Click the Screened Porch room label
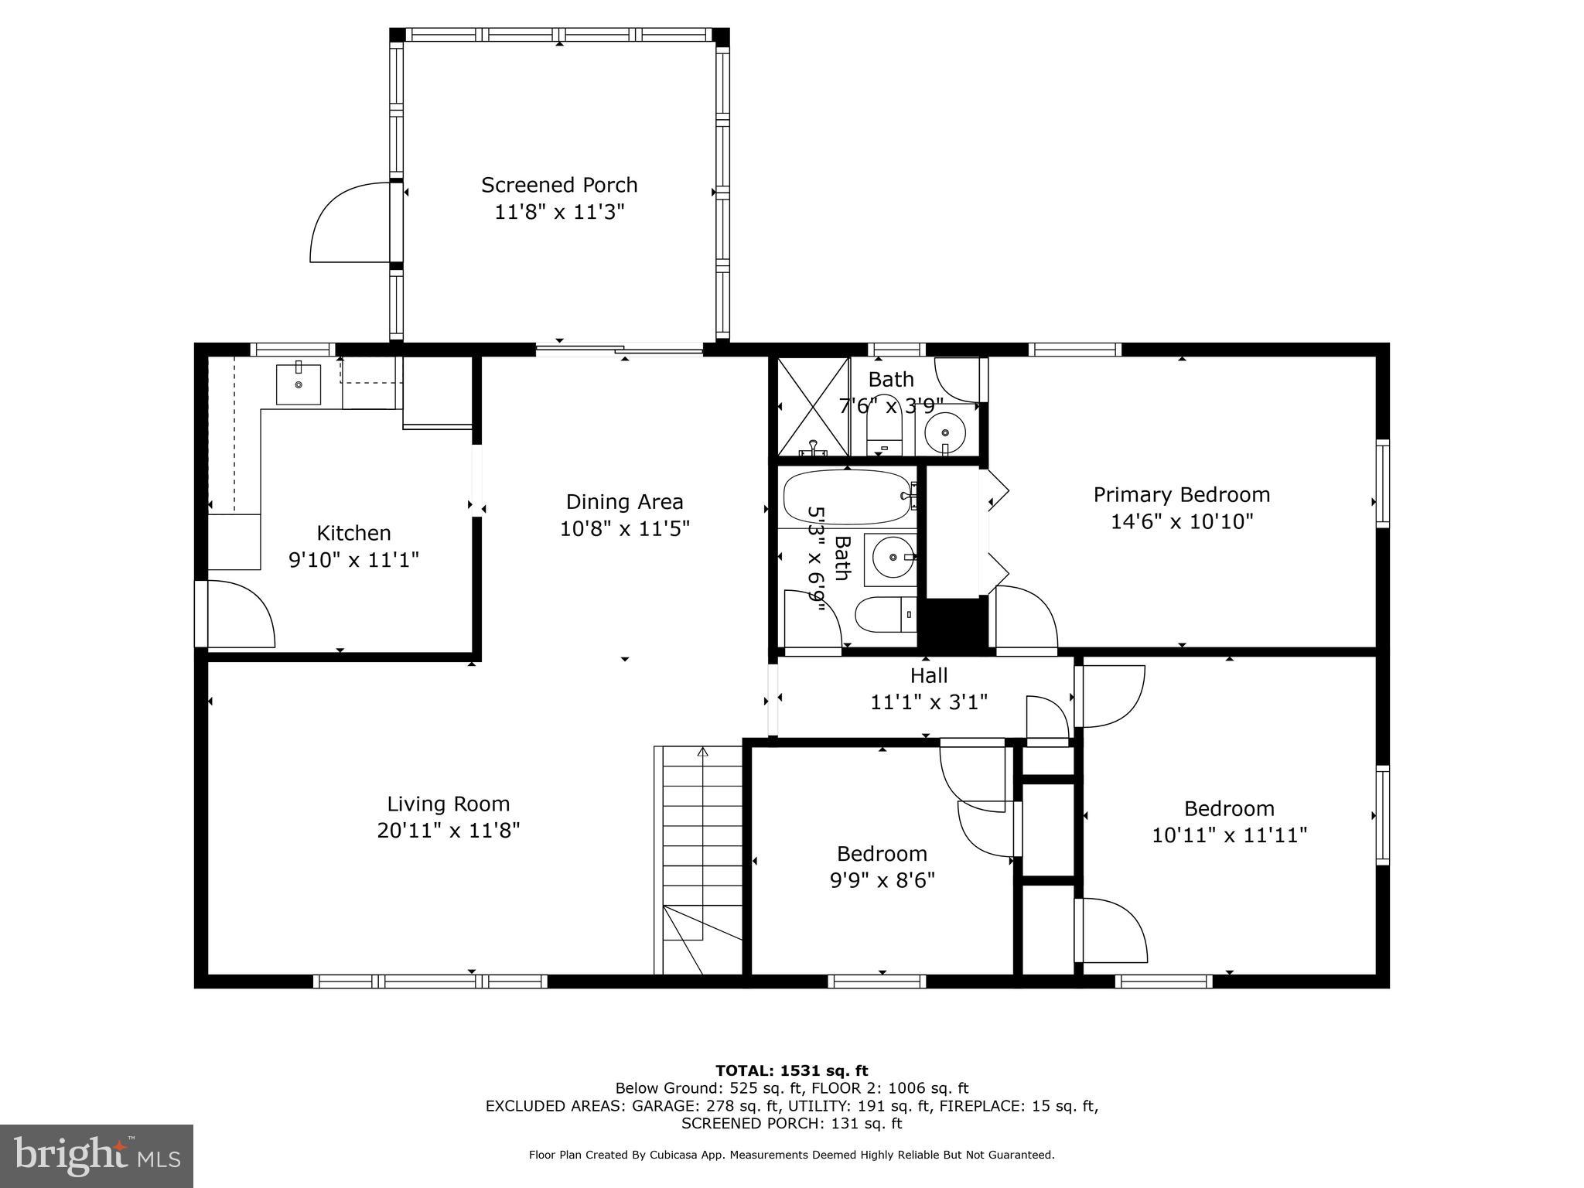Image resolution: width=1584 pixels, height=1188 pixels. point(559,186)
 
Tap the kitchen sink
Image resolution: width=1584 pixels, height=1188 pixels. point(299,384)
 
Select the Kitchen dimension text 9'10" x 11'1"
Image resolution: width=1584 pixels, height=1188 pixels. point(353,559)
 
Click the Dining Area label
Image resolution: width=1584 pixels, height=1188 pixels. point(624,502)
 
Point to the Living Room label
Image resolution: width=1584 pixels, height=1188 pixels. point(448,804)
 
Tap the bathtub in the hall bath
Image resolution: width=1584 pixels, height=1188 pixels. point(847,497)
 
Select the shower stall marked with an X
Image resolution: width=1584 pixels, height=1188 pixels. point(812,407)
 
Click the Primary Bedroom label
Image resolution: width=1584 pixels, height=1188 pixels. point(1181,495)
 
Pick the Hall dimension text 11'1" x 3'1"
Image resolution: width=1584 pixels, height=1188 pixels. point(929,702)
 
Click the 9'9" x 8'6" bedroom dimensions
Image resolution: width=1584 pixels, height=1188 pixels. point(882,880)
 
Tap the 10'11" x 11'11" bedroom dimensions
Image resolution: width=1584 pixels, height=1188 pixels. point(1229,835)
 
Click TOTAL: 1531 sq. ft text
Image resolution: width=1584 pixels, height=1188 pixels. point(791,1070)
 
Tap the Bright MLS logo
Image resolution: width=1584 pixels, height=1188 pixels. point(97,1156)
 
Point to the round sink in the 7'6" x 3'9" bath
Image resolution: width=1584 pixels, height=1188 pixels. point(945,431)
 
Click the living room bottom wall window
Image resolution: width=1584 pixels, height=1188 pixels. point(430,981)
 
